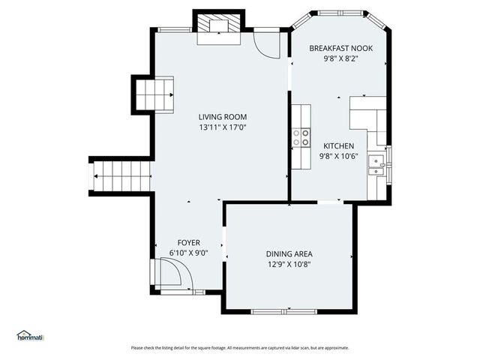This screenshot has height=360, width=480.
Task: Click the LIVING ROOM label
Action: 222,117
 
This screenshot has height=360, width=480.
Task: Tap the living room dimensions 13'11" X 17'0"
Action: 222,127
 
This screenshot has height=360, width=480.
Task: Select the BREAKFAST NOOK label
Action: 341,48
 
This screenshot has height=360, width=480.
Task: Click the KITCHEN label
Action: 339,145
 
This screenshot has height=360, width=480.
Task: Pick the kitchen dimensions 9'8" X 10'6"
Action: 339,156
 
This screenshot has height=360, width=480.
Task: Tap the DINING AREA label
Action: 289,253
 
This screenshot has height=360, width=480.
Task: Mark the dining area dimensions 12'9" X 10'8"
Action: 289,264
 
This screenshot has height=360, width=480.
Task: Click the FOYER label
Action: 188,242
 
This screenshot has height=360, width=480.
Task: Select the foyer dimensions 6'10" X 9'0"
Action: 188,253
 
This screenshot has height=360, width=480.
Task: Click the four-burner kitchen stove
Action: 301,136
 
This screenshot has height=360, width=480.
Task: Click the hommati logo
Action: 30,335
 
